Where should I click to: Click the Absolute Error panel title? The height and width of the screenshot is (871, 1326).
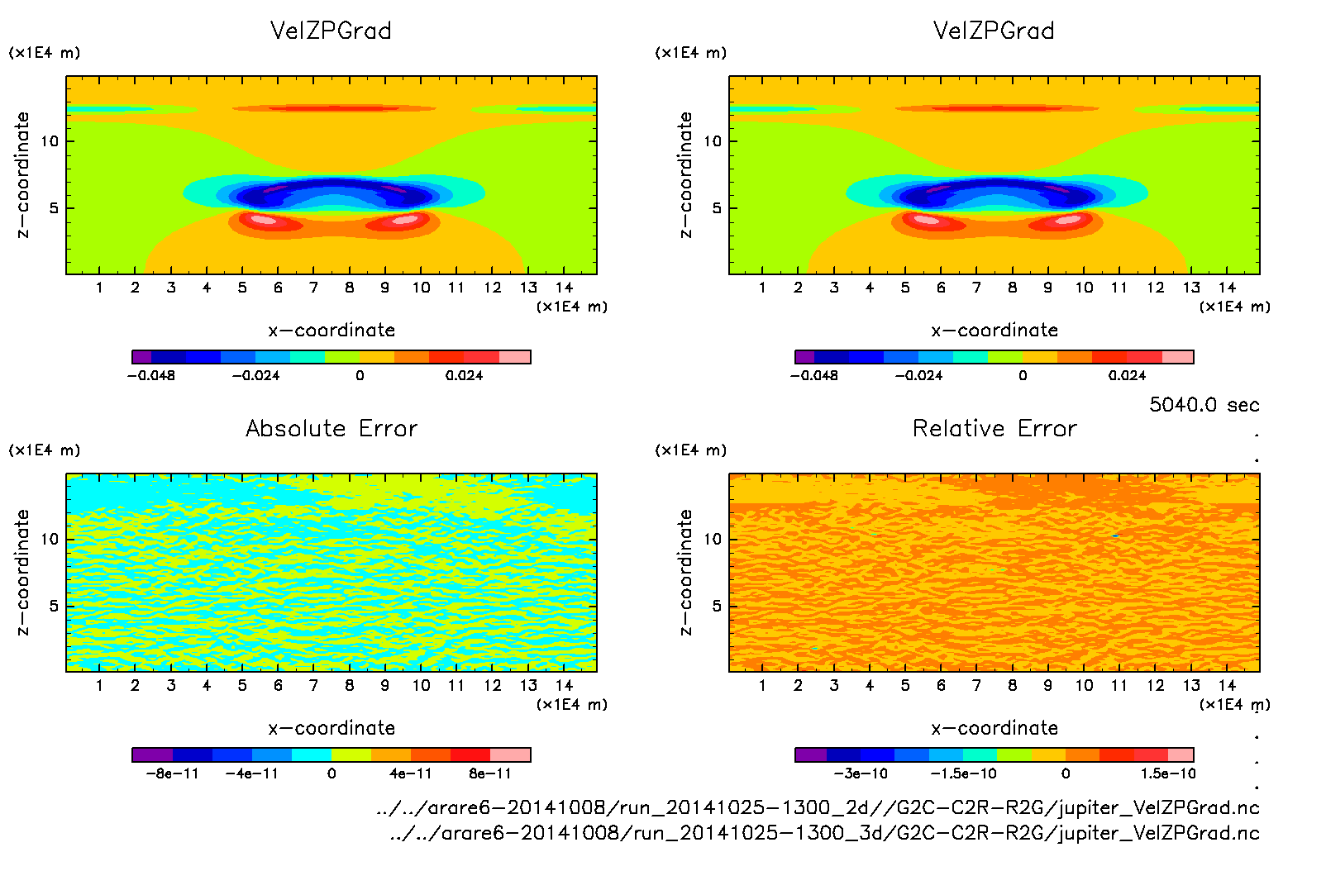click(331, 428)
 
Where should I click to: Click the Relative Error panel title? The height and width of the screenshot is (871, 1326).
click(994, 428)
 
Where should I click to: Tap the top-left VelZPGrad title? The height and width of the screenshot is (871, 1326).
click(331, 31)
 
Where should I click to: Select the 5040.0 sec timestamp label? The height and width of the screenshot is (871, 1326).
click(1204, 405)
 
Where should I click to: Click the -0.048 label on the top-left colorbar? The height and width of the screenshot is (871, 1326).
click(150, 376)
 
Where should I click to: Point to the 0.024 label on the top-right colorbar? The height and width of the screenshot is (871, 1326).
click(1127, 376)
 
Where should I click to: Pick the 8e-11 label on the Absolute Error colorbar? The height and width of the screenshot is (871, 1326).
click(490, 774)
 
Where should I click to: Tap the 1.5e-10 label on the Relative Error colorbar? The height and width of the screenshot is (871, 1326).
click(1167, 774)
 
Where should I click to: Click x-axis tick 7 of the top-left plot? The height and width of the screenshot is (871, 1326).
click(313, 288)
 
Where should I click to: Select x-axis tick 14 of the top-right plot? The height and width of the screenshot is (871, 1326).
click(1227, 288)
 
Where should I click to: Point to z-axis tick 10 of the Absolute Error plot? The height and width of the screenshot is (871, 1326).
click(50, 540)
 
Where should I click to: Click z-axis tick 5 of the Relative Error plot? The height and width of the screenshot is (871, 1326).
click(717, 607)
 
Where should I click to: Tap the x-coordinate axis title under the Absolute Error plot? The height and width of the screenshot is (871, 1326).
click(331, 728)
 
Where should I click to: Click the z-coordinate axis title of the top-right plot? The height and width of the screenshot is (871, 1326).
click(685, 175)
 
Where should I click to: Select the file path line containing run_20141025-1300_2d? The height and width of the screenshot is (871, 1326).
click(818, 807)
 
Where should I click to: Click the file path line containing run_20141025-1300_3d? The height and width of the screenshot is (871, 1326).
click(824, 833)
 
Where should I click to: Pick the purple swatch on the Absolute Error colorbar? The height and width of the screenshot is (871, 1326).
click(152, 754)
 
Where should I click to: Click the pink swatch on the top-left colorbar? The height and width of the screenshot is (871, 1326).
click(514, 357)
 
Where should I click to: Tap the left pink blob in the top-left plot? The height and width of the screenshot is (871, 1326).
click(264, 220)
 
